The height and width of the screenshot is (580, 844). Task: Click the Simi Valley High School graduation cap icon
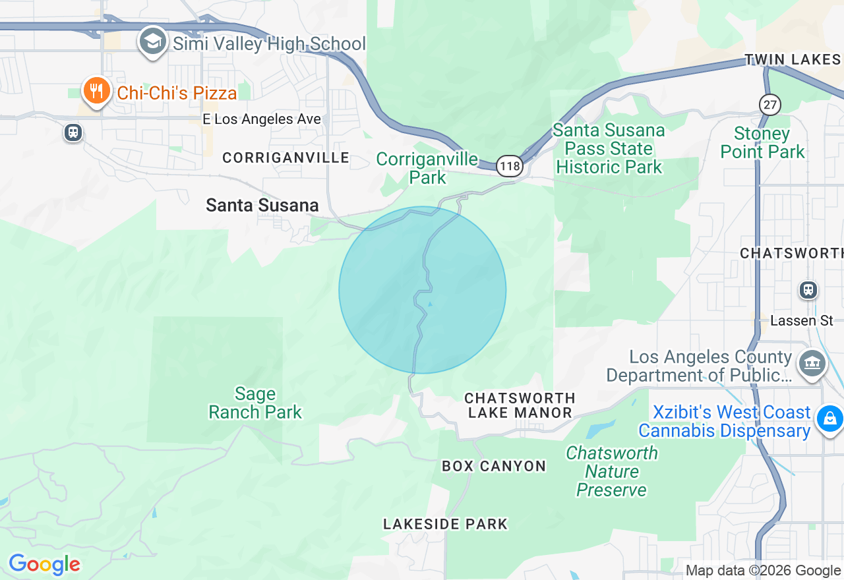click(x=152, y=42)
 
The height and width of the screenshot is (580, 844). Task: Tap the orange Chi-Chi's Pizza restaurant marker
click(x=97, y=91)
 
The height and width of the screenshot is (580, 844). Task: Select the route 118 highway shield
click(x=510, y=166)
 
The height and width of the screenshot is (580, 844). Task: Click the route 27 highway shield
click(x=769, y=104)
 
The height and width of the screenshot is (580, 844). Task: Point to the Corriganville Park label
click(x=427, y=168)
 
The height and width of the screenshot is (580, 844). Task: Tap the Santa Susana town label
click(x=262, y=205)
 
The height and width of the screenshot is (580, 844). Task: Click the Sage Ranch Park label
click(x=255, y=403)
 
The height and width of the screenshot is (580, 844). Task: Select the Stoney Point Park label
click(x=762, y=143)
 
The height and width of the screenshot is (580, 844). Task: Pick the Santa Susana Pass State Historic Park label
click(x=609, y=149)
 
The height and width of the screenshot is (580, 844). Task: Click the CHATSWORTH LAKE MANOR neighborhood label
click(x=520, y=405)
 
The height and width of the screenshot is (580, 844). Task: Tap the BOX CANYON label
click(x=494, y=466)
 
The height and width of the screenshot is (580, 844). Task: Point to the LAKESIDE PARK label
click(x=446, y=524)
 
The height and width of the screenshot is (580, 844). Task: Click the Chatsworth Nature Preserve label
click(x=612, y=471)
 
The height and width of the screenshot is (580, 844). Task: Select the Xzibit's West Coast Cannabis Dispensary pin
click(x=829, y=419)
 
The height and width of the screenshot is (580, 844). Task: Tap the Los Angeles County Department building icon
click(x=812, y=362)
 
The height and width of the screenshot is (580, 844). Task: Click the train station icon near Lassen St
click(x=808, y=290)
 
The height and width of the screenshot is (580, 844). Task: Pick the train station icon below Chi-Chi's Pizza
click(x=73, y=132)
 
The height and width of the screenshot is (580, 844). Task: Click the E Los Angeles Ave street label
click(x=262, y=119)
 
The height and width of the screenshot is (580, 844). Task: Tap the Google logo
click(x=44, y=564)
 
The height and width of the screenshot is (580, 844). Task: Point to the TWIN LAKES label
click(x=793, y=60)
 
